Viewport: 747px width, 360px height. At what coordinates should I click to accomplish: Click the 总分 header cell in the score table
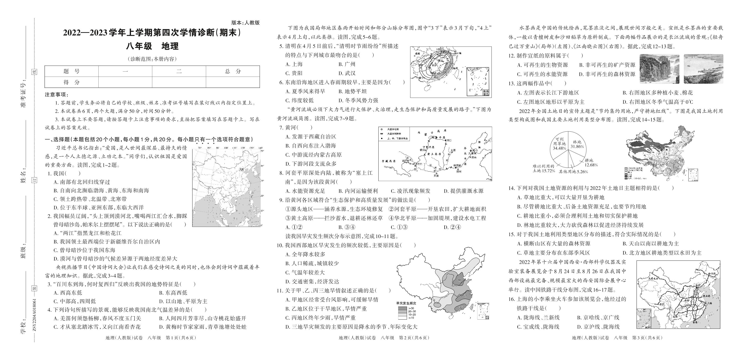(233, 71)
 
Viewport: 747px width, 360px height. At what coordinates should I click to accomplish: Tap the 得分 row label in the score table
(71, 82)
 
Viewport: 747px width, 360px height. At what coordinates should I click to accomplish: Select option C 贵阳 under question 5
(294, 73)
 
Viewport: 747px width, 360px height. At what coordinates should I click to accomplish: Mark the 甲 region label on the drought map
(459, 280)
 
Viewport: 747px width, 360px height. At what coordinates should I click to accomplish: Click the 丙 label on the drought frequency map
(460, 308)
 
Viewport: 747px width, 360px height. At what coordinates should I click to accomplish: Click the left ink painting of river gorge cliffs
(659, 69)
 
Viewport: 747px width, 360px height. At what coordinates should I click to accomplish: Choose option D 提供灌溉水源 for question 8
(463, 191)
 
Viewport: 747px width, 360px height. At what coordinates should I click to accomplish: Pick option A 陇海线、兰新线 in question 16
(538, 318)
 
